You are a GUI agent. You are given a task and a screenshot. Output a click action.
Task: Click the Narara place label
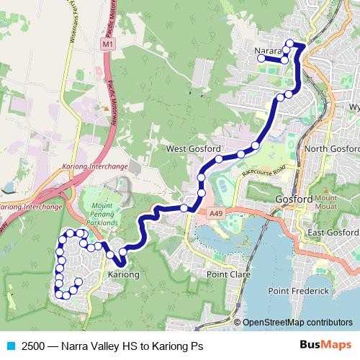point(269,51)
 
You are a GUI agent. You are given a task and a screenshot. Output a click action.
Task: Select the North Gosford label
point(332,149)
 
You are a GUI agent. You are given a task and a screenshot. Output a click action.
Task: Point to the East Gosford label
point(333,233)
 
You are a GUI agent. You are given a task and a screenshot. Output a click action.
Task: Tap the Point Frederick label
point(298,290)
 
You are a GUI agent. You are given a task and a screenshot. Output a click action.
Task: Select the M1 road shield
point(108,45)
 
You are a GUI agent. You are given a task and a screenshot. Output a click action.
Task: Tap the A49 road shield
point(215,213)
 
